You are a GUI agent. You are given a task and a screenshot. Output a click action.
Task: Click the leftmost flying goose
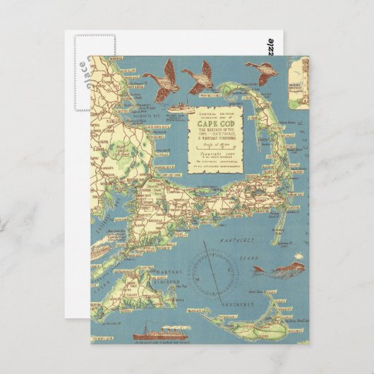[x=159, y=73]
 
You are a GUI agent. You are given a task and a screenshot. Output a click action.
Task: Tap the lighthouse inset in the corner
[x=297, y=81]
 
